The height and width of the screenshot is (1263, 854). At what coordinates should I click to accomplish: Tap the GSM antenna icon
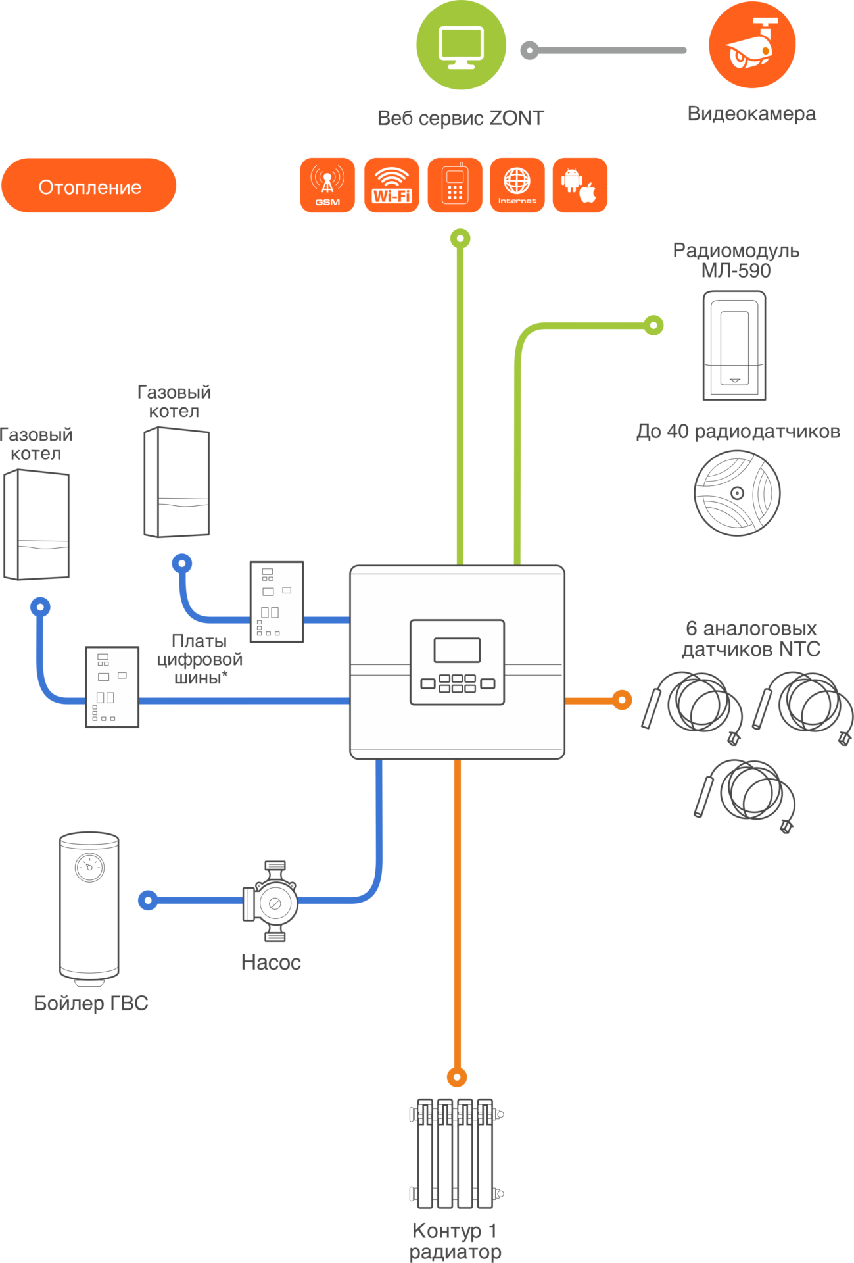point(327,186)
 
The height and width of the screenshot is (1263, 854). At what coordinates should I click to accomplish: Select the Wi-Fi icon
point(392,186)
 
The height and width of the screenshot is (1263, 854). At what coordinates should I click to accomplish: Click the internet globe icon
point(517,186)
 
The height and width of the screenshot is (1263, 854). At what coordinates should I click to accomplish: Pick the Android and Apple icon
point(580,186)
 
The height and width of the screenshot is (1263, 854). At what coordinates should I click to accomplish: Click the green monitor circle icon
point(462,45)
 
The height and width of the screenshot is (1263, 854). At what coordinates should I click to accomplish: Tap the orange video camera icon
point(752,45)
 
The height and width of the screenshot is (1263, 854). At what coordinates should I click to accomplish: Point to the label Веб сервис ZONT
point(461,118)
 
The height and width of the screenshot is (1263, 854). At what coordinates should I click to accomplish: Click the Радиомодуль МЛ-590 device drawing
point(734,345)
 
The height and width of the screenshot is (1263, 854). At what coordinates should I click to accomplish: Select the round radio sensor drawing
point(738,493)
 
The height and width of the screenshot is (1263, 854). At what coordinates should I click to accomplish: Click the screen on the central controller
point(457,650)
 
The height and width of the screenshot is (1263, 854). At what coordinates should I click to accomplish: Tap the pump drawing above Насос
point(272,901)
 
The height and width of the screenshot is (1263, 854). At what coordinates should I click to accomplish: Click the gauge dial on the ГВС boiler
point(90,868)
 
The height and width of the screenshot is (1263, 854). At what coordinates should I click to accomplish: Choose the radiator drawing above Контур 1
point(456,1153)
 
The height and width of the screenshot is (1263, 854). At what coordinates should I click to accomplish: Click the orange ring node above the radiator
point(457,1077)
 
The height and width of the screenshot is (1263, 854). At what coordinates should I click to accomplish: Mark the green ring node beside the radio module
point(653,325)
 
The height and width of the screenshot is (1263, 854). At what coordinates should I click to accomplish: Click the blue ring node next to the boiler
point(148,900)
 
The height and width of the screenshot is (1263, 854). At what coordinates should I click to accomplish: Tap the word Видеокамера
point(751,114)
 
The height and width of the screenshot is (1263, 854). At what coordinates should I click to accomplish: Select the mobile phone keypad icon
point(455,186)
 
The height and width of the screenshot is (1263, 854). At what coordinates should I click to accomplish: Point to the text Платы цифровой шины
point(199,659)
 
